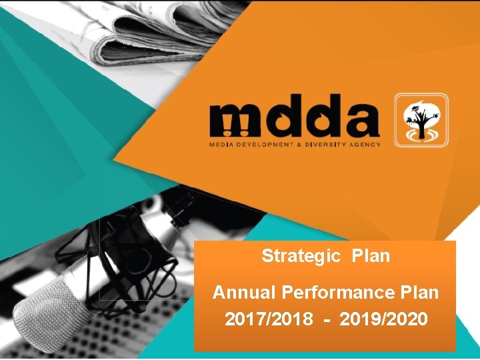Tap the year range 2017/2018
pos(269,320)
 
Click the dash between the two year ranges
pos(326,321)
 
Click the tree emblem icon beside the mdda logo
pos(420,120)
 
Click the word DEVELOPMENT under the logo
pos(266,144)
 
